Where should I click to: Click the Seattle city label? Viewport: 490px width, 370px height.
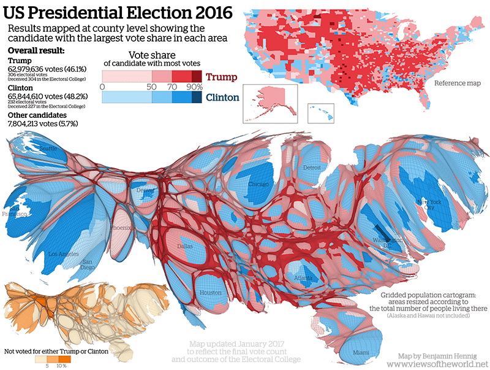(x=48, y=148)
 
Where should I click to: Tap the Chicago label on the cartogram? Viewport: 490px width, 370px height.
(x=259, y=184)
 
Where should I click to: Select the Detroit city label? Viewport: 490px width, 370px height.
(x=311, y=168)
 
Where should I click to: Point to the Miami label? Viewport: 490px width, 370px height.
(x=361, y=352)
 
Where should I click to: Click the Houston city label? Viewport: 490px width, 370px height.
(x=211, y=293)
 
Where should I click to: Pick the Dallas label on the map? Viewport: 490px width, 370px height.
(x=184, y=246)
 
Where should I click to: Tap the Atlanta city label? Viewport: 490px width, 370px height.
(x=303, y=278)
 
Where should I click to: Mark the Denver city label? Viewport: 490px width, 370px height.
(x=145, y=190)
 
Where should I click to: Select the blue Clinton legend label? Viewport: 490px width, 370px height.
(x=223, y=97)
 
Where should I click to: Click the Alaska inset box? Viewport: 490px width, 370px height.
(x=270, y=103)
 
